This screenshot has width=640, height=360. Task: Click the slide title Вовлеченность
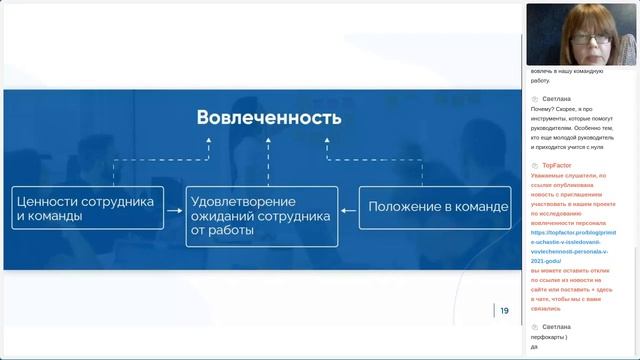[269, 118]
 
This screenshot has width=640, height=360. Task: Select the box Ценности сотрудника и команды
[88, 208]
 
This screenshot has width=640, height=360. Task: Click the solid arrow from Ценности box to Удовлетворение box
[175, 209]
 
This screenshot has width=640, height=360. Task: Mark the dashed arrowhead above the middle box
[268, 143]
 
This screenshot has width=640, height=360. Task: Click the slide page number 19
[504, 311]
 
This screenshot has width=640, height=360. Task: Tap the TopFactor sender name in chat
[556, 165]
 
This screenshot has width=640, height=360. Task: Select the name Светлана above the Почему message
[557, 99]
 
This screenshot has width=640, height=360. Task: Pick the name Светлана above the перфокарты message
[557, 327]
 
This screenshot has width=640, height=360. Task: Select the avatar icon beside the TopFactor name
[536, 165]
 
